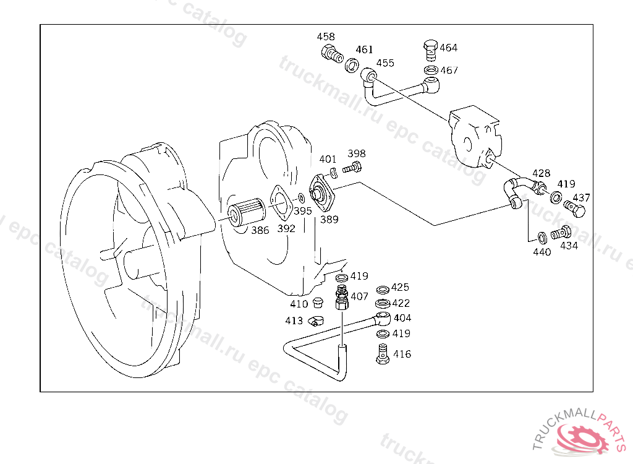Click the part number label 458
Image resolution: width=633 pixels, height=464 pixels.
326,37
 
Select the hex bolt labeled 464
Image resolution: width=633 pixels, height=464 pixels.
431,50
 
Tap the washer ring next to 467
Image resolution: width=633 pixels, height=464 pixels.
431,70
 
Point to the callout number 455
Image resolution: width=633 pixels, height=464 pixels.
385,63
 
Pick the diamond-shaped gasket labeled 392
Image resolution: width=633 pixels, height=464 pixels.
281,203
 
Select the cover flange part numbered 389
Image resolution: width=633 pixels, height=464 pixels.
321,192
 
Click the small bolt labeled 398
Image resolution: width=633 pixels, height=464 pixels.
352,167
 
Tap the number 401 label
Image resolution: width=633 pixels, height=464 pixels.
328,159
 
